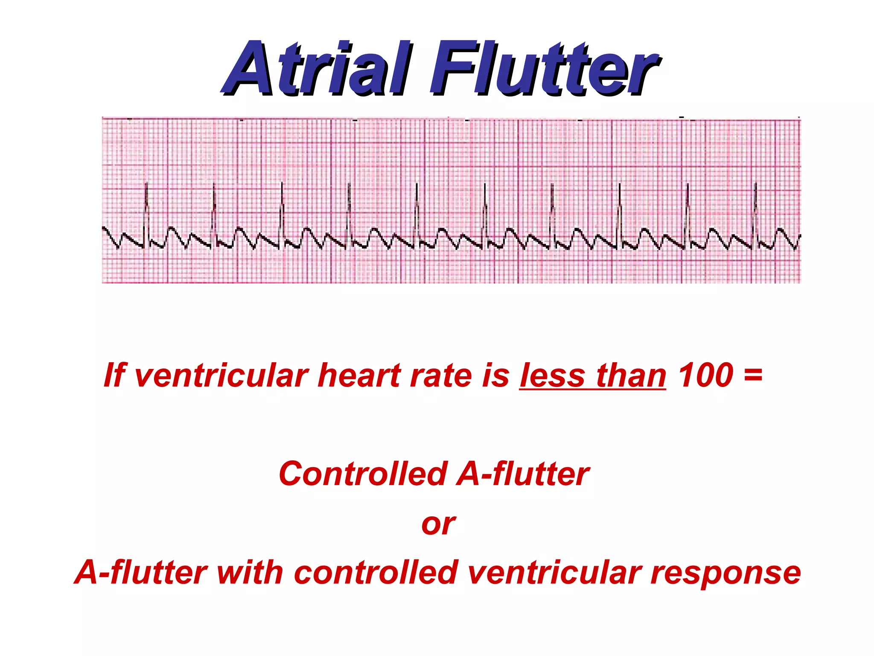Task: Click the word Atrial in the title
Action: (x=318, y=68)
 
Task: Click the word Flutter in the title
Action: (x=544, y=68)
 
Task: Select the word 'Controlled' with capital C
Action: (x=363, y=474)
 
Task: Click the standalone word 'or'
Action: (x=438, y=524)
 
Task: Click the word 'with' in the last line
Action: (x=250, y=572)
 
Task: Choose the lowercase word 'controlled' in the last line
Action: (x=376, y=572)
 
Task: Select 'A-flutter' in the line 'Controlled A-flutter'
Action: (x=523, y=474)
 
